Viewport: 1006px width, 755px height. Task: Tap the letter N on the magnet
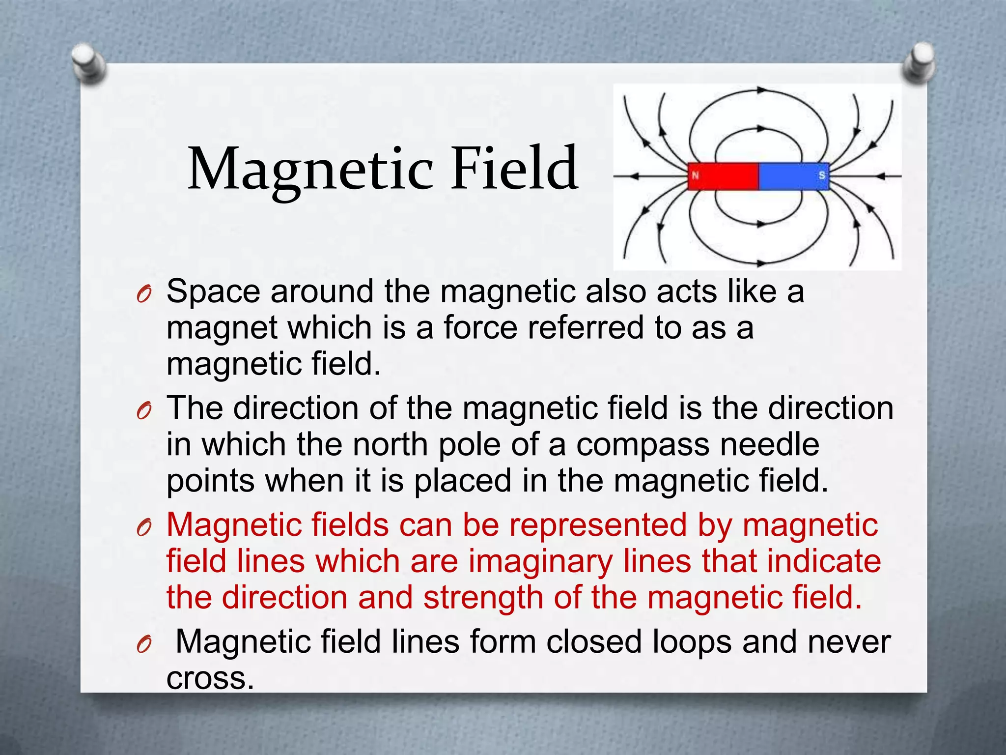point(695,175)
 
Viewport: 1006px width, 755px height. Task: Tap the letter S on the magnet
point(821,175)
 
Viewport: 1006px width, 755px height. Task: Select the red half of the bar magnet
point(723,176)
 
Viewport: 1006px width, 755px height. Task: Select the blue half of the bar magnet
point(794,176)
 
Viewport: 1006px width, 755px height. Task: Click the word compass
point(643,445)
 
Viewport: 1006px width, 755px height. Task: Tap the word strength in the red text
point(483,598)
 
